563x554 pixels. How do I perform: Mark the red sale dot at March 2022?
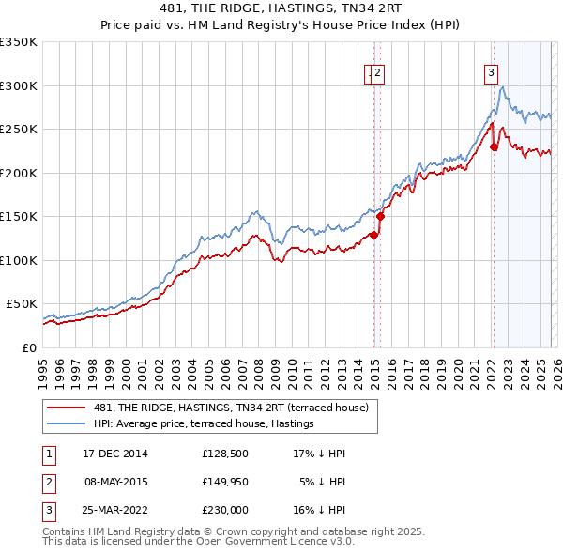[x=494, y=146]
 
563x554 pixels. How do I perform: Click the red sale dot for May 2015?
[x=380, y=217]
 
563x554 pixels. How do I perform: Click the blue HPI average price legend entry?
[x=204, y=424]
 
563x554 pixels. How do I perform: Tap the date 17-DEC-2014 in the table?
[x=115, y=454]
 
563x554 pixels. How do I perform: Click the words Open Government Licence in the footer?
[x=262, y=542]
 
